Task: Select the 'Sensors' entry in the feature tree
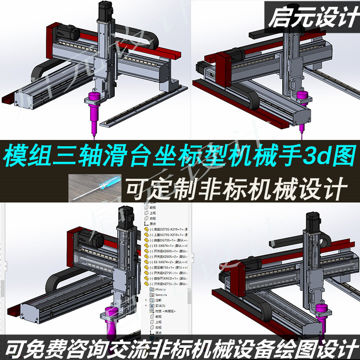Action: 161,295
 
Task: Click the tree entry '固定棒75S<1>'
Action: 166,267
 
